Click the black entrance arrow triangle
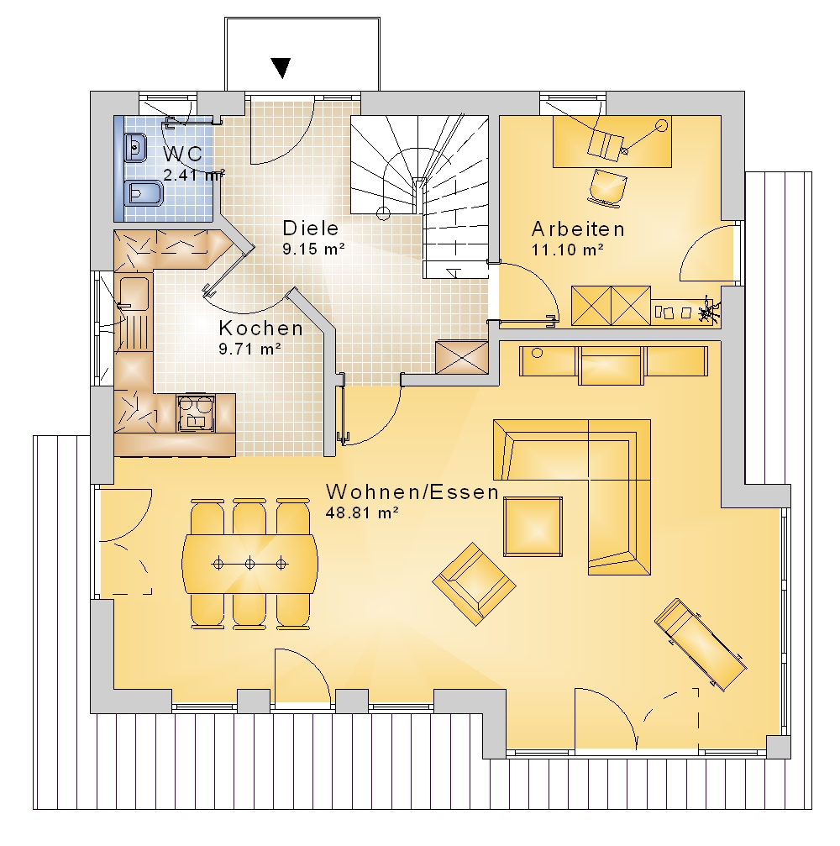[281, 68]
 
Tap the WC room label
[183, 154]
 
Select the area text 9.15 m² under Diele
[313, 249]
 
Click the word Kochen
[261, 328]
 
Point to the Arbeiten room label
[578, 229]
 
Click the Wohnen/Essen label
[412, 492]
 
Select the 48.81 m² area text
[362, 512]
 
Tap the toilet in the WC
[144, 194]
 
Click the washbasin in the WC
[136, 146]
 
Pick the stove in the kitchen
[196, 413]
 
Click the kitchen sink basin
[134, 293]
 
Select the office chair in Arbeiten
[607, 187]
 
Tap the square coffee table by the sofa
[533, 527]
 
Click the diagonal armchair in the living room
[475, 584]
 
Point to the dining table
[249, 564]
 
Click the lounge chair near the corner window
[701, 644]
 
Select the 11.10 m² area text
[567, 250]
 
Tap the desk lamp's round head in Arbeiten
[661, 126]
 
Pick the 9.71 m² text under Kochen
[249, 349]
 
